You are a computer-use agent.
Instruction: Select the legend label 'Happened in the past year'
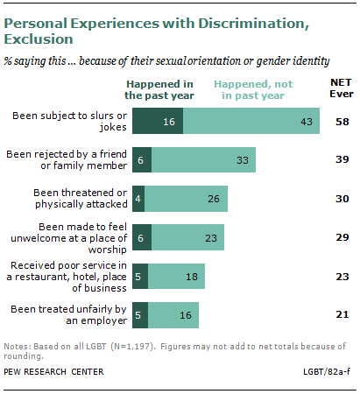(172, 88)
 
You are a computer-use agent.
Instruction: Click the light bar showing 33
(208, 161)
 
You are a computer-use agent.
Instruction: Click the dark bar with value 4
(151, 198)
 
